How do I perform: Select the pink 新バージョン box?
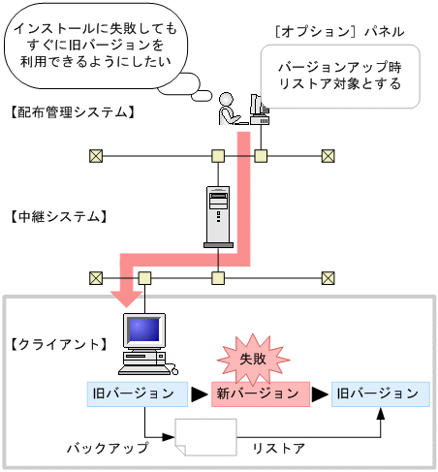259,393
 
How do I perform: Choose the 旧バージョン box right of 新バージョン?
378,393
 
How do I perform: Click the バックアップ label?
108,449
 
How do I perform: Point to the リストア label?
278,449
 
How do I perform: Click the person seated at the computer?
228,110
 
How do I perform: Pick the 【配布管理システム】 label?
70,112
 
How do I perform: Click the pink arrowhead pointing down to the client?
126,294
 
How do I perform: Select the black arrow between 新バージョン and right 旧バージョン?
321,393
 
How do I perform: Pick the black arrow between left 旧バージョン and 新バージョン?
198,393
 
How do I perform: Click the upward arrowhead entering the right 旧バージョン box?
381,413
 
